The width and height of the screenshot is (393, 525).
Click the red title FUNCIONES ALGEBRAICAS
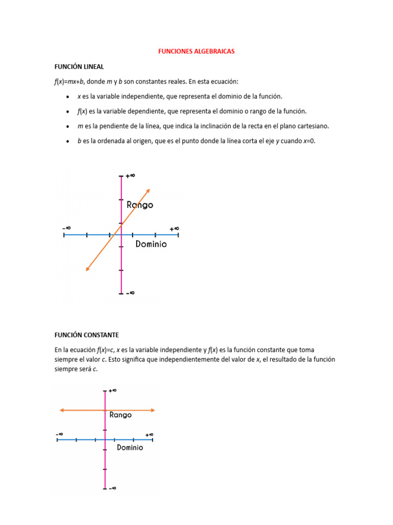click(196, 52)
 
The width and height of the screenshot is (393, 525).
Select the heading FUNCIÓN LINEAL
click(79, 67)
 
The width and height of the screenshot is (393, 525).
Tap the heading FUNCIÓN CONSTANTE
click(86, 335)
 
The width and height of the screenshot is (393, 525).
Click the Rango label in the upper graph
click(140, 205)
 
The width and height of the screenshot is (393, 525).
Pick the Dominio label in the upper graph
click(151, 245)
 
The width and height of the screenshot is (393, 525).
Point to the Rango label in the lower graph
click(120, 415)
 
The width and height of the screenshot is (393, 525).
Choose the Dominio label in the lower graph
click(130, 448)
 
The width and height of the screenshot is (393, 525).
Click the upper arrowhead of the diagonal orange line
click(147, 191)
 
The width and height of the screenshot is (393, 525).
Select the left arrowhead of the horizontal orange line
click(62, 410)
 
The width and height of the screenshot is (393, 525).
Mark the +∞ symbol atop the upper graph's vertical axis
click(130, 175)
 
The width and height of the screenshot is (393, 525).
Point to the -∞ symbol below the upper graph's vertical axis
click(130, 293)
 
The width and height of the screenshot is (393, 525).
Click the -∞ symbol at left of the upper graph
click(67, 228)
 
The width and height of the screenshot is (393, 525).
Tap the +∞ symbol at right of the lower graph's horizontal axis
click(149, 434)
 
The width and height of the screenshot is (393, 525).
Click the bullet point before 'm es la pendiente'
click(69, 126)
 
